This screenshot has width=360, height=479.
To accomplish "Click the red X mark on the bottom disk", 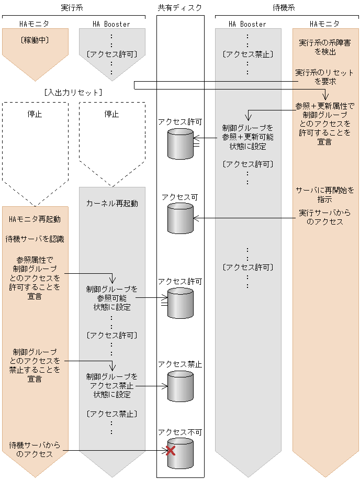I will click(x=170, y=450).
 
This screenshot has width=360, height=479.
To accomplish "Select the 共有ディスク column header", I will click(x=179, y=8).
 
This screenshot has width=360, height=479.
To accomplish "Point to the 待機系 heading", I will click(x=286, y=8).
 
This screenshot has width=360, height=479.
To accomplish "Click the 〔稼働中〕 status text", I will click(x=35, y=39).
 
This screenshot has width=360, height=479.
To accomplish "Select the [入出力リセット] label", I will click(x=73, y=92).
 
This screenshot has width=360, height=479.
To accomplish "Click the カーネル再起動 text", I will click(x=112, y=203).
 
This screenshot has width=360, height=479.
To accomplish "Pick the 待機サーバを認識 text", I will click(x=35, y=239).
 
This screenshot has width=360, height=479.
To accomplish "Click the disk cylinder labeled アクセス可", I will click(x=180, y=219).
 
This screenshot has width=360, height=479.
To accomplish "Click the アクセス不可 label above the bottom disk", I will click(x=180, y=432).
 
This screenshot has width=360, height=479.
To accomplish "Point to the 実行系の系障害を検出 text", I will click(x=325, y=47).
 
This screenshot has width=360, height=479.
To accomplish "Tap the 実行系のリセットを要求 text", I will click(x=325, y=76).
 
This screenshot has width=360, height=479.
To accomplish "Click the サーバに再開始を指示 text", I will click(x=325, y=194).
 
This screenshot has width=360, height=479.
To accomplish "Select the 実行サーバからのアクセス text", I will click(x=325, y=217).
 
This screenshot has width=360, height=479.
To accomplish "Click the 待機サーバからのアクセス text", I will click(x=35, y=450).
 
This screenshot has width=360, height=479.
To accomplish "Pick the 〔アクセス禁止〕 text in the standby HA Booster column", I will click(x=248, y=54).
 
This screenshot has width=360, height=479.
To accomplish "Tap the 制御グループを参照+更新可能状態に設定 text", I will click(x=248, y=137).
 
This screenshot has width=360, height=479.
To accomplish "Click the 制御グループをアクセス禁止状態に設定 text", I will click(x=112, y=385).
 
